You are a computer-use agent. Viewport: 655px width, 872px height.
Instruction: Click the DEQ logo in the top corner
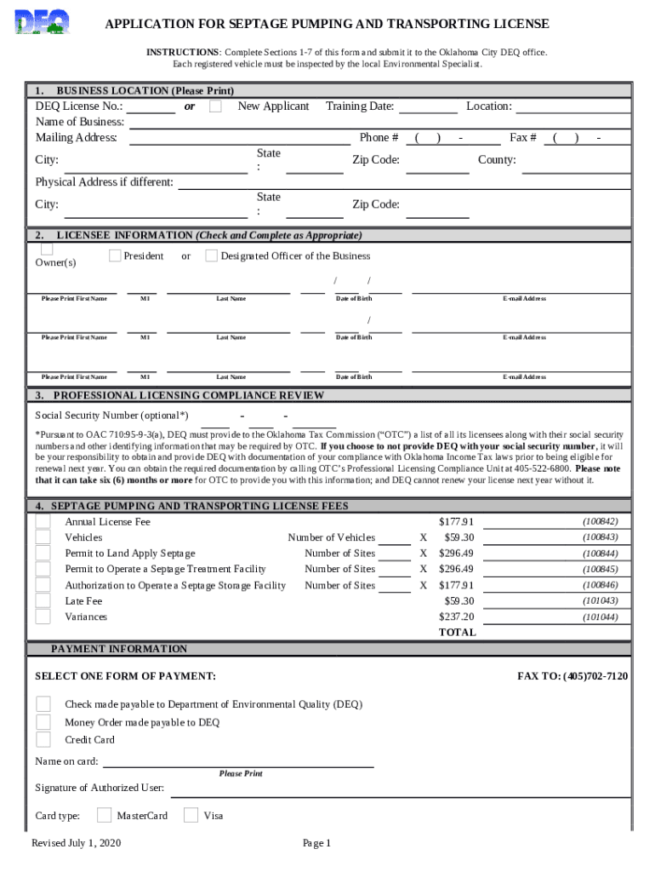tap(43, 22)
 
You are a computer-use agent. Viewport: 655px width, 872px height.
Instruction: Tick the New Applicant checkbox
tap(216, 106)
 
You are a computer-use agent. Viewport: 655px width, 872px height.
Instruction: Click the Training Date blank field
tap(428, 107)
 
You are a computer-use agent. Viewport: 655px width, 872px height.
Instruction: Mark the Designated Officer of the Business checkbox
tap(212, 255)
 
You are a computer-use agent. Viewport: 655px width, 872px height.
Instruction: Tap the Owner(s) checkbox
tap(47, 249)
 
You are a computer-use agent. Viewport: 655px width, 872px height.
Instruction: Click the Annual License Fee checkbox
tap(43, 521)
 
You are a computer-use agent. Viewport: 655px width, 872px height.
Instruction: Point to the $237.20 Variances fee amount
tap(456, 617)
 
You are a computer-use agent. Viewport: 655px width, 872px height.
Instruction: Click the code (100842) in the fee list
tap(600, 521)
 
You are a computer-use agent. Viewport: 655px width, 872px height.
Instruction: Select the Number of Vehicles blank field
tap(394, 538)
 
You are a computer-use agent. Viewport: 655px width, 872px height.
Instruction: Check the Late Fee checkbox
tap(43, 601)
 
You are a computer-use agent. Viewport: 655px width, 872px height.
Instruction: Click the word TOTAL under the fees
tap(457, 633)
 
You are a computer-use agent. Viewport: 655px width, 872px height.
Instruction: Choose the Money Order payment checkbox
tap(43, 722)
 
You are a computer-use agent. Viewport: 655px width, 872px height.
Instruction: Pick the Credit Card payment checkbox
tap(43, 740)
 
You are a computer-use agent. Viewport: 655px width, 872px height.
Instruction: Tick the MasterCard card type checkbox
tap(104, 815)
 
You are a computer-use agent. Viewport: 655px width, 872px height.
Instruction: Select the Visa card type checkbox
tap(191, 815)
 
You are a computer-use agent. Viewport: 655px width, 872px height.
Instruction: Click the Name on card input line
tap(238, 761)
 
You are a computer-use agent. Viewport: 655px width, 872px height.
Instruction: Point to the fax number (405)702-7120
tap(572, 676)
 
